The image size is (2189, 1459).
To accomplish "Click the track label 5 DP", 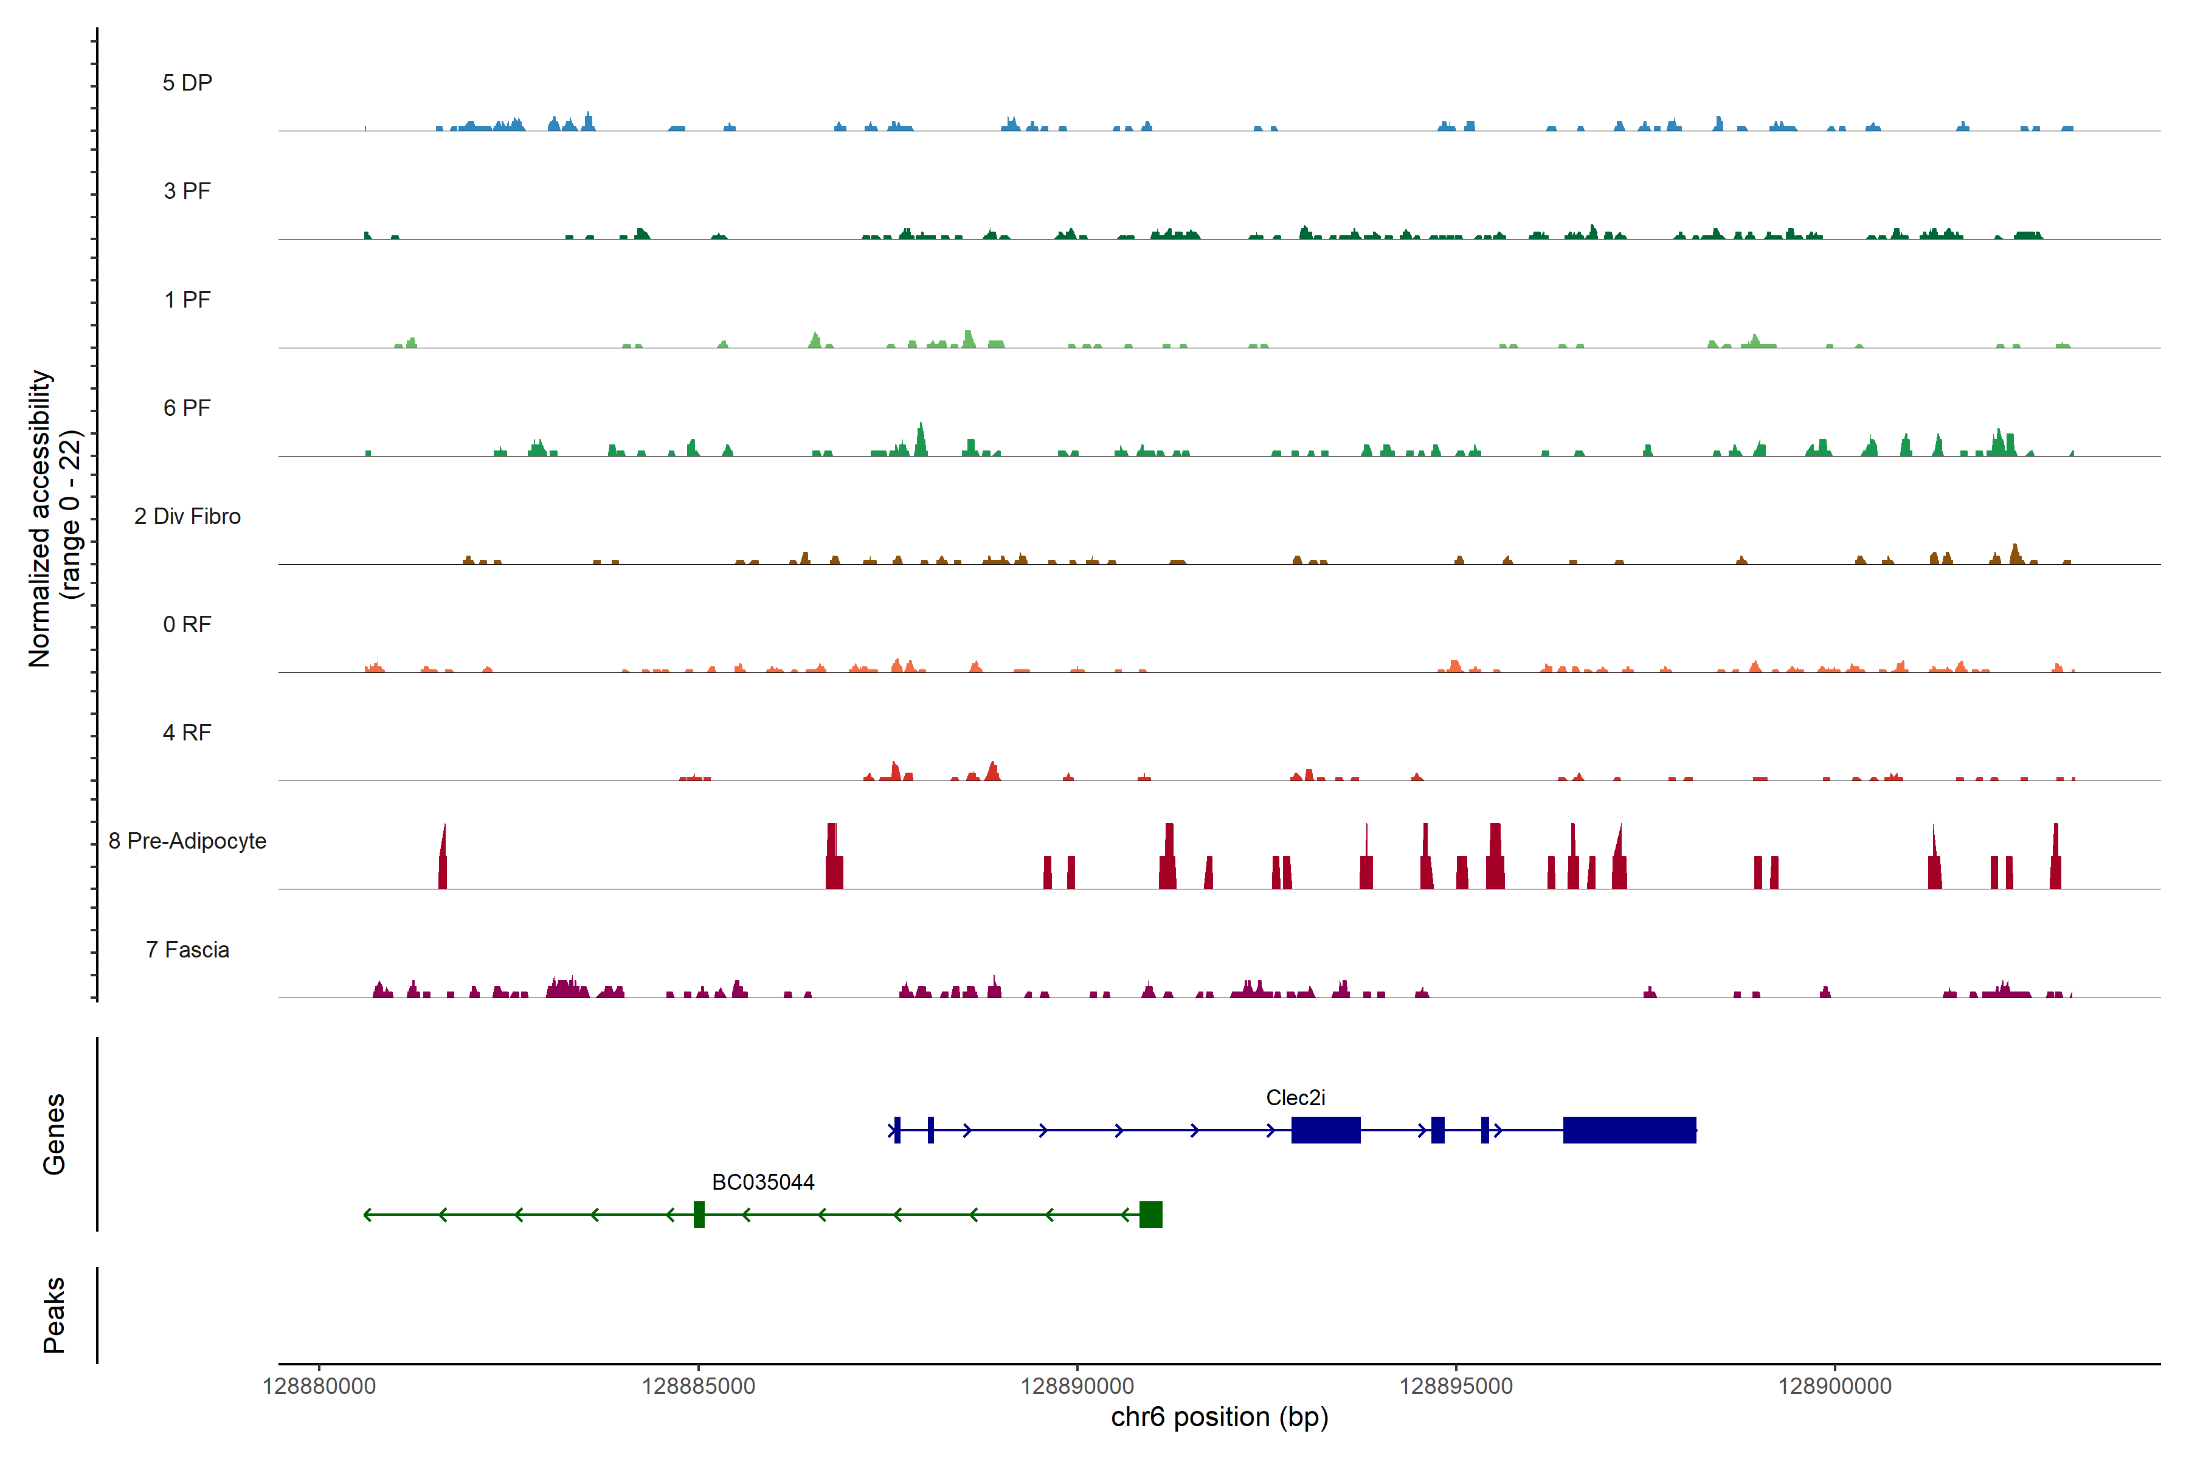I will point(187,83).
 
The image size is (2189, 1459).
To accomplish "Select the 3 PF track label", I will point(187,191).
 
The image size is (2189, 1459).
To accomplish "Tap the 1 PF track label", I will point(187,300).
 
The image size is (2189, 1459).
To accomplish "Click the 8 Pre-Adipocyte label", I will point(187,841).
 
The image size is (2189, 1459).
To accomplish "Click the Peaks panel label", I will point(54,1315).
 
